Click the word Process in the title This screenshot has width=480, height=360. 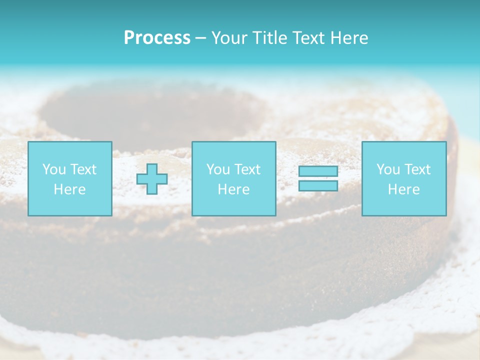tap(157, 38)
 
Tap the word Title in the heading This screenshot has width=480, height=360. tap(270, 38)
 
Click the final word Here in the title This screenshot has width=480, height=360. tap(349, 38)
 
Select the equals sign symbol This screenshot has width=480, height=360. tap(318, 178)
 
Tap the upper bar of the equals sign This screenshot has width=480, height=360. tap(318, 171)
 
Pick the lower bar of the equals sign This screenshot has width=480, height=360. tap(318, 185)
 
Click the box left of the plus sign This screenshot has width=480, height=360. tap(69, 178)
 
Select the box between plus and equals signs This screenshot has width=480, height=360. tap(233, 178)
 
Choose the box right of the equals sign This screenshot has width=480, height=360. tap(403, 178)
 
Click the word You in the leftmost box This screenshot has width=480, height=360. tap(53, 169)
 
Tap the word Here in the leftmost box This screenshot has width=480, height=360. tap(69, 189)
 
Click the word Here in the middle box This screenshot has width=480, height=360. tap(233, 189)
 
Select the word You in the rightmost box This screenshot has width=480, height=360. tap(387, 169)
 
